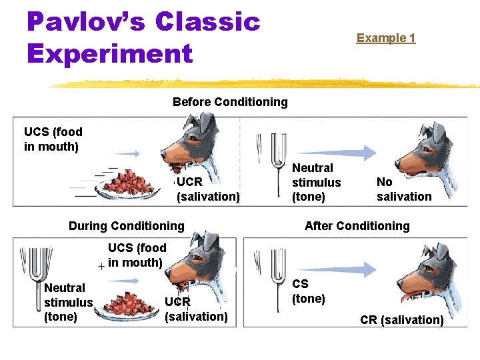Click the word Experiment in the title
[x=110, y=53]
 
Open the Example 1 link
[x=385, y=38]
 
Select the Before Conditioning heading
[x=230, y=102]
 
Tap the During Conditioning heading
[x=126, y=226]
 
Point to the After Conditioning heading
[x=357, y=226]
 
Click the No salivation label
[x=403, y=189]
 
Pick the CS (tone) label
[x=309, y=291]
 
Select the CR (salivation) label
[x=401, y=320]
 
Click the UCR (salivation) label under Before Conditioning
[x=207, y=189]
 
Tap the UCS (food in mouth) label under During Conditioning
[x=137, y=255]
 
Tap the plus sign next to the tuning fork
[x=101, y=266]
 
